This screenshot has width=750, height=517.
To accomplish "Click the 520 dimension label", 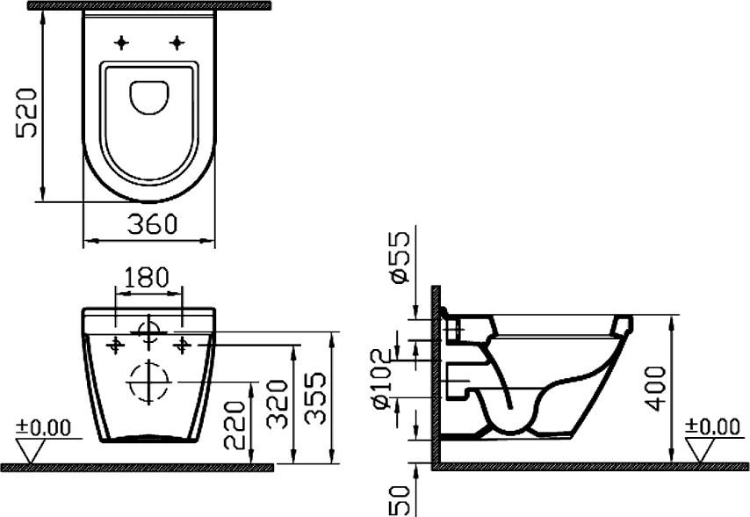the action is coord(26,113).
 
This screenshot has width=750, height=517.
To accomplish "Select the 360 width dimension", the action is coord(152,224).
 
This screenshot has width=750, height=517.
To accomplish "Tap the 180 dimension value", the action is coord(147,278).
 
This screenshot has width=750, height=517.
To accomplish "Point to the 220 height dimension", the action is coord(234,425).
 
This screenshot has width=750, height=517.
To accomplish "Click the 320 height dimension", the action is coord(277,404).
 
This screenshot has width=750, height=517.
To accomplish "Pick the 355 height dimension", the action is coord(315,398).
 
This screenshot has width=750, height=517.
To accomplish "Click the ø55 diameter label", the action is coord(400,257).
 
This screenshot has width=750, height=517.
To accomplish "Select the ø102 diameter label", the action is coord(385,379).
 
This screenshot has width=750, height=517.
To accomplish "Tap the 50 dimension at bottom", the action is coord(400,500).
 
